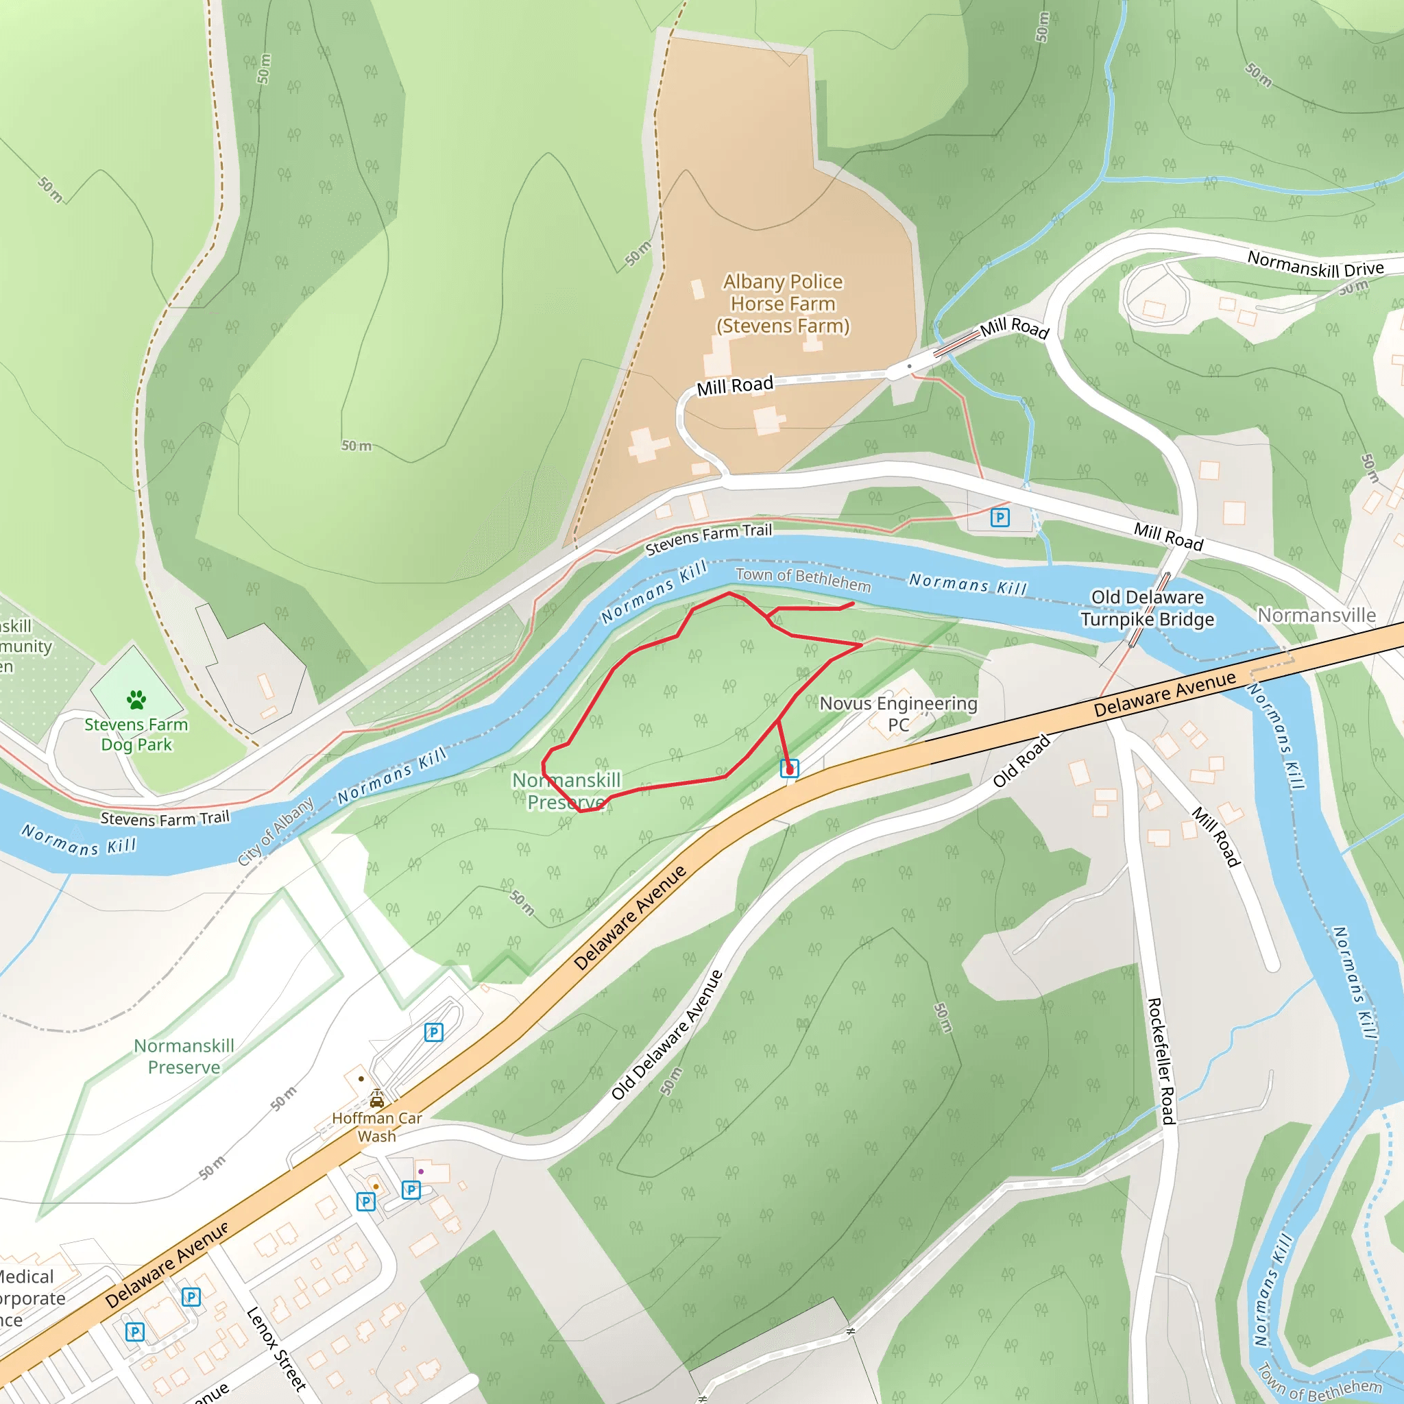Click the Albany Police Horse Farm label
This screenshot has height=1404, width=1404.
click(x=783, y=304)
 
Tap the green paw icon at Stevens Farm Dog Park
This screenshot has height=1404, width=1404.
click(x=136, y=700)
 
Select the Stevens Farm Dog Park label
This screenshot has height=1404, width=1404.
click(x=136, y=735)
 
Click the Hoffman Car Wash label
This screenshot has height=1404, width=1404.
click(x=376, y=1127)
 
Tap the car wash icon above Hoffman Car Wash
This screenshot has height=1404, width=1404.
click(x=376, y=1098)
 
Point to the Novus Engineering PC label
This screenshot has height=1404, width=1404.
click(x=898, y=714)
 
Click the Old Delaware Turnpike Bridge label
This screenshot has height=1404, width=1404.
click(x=1147, y=607)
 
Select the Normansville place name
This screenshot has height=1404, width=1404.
click(x=1316, y=616)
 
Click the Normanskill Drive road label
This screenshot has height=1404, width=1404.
click(x=1316, y=265)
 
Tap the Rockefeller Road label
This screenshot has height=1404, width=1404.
click(x=1161, y=1061)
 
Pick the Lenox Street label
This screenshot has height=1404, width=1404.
click(x=276, y=1348)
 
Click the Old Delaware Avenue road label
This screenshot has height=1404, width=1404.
click(x=666, y=1034)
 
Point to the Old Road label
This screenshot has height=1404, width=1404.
click(x=1021, y=761)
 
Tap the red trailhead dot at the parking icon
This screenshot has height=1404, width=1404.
click(x=790, y=769)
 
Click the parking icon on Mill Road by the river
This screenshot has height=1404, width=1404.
click(x=1000, y=518)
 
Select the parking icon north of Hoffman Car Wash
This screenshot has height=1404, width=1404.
click(x=434, y=1032)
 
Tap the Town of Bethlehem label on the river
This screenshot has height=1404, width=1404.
click(x=803, y=579)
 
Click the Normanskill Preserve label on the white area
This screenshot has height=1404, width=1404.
click(x=184, y=1056)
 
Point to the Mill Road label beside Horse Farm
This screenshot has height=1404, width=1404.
click(x=735, y=385)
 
